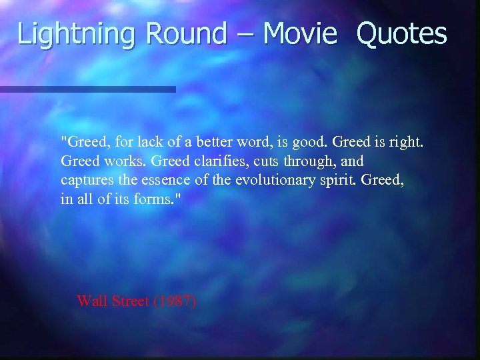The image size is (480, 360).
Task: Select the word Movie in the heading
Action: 300,33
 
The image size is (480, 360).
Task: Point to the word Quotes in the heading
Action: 401,33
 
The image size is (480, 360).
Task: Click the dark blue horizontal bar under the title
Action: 87,89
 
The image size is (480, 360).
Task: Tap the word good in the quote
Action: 309,142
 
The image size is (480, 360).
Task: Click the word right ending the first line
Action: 409,142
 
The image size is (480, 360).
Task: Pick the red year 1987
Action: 174,301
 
